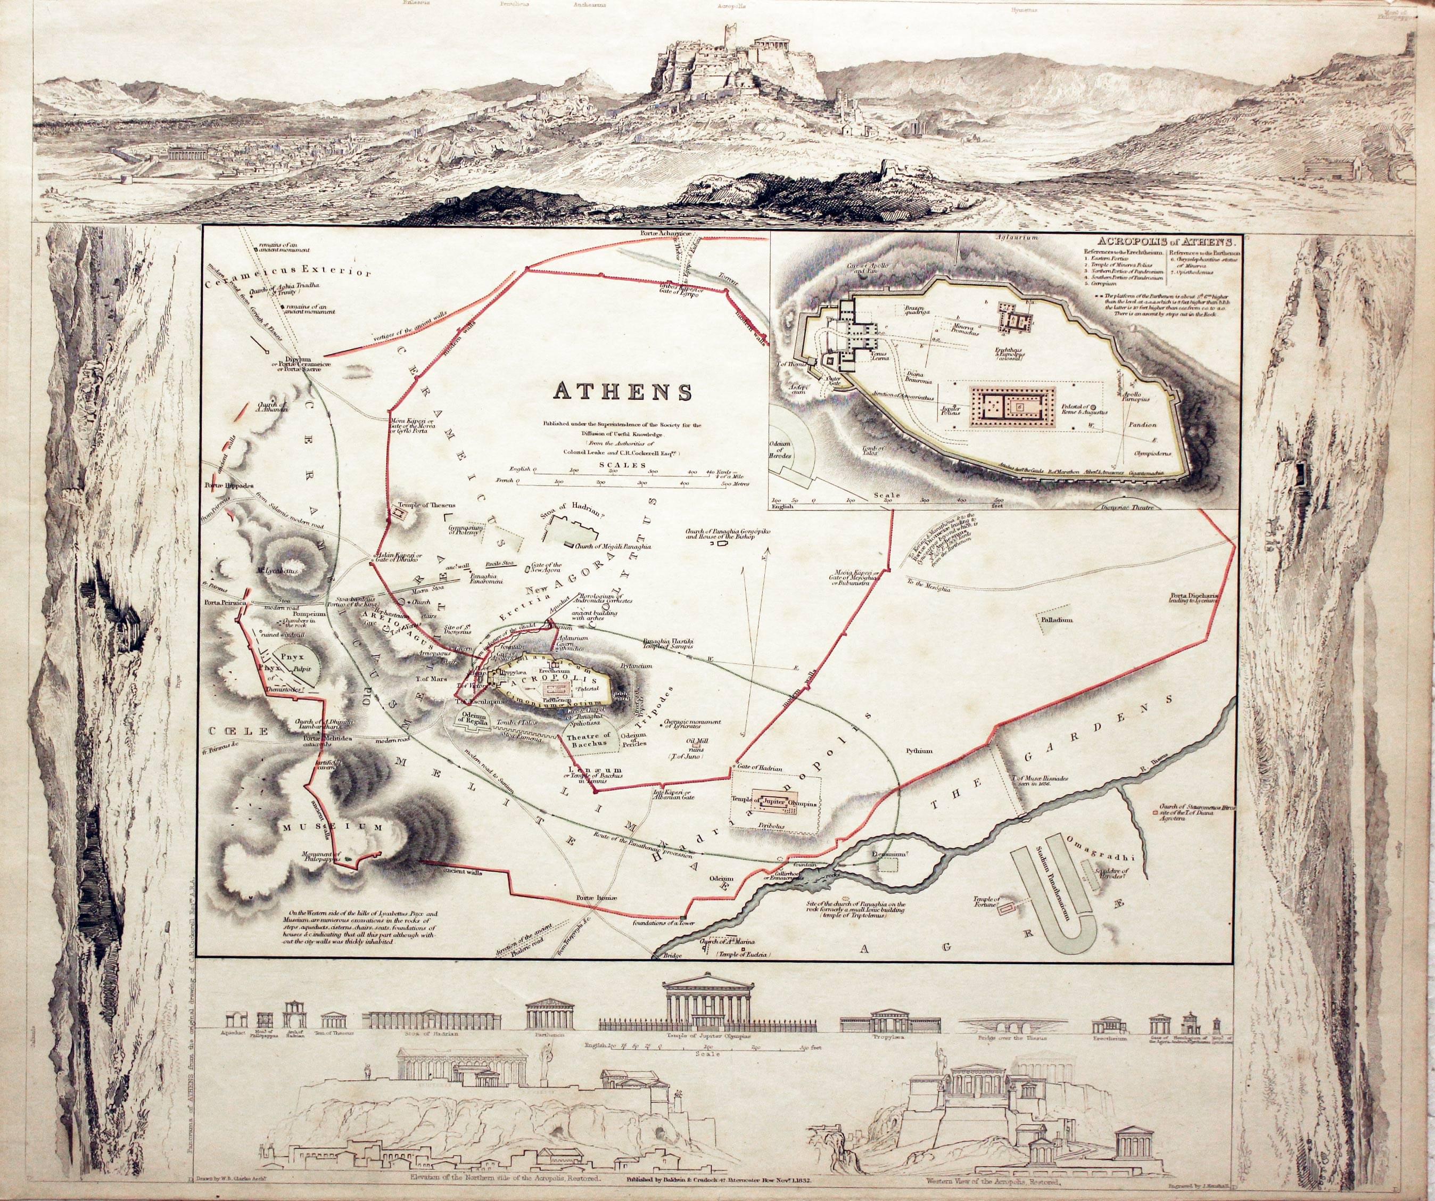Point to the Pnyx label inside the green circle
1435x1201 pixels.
click(x=291, y=655)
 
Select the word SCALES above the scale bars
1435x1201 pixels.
click(x=623, y=465)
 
